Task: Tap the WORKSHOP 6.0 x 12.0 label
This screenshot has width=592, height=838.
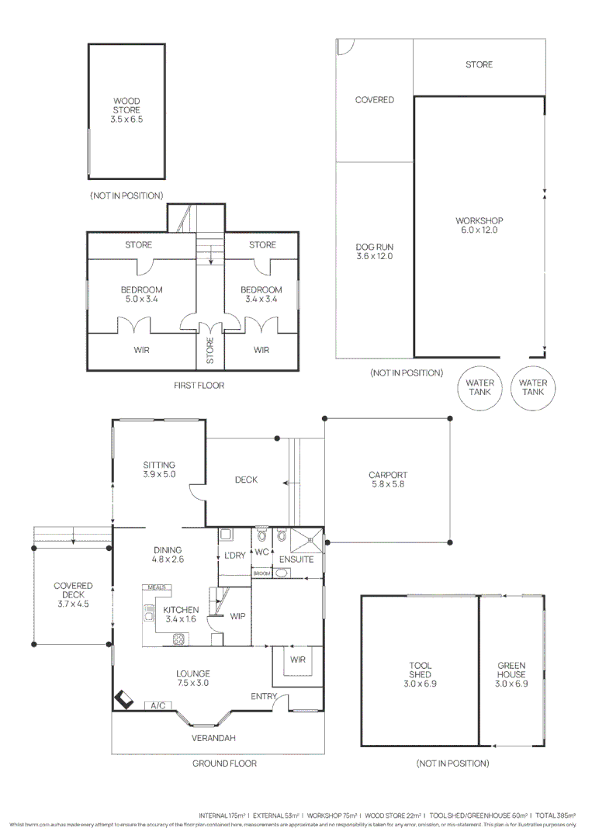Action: (x=479, y=226)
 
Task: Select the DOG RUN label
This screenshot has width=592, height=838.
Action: (x=374, y=251)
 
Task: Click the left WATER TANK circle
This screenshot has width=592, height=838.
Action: (x=479, y=387)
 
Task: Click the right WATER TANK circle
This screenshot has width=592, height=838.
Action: (x=533, y=387)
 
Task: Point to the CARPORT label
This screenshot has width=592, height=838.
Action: (x=388, y=480)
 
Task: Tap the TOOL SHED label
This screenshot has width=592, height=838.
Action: (x=421, y=675)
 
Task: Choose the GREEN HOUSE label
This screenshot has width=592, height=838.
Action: (x=511, y=675)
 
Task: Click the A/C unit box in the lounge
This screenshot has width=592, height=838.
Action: (x=158, y=705)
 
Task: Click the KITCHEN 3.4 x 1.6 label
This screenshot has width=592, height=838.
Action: (x=181, y=615)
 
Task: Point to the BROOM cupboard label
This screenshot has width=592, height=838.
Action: (x=261, y=573)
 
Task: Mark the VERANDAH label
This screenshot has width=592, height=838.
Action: (x=213, y=738)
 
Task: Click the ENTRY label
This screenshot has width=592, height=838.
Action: (x=263, y=697)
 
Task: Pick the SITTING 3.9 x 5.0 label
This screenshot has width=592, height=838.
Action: (x=159, y=469)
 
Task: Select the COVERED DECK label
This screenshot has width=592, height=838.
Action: (x=73, y=594)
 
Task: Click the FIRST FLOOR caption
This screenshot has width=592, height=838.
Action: (x=199, y=386)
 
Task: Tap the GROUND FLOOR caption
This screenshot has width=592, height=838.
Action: (x=224, y=764)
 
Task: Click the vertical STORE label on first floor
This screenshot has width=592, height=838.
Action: (x=209, y=350)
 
